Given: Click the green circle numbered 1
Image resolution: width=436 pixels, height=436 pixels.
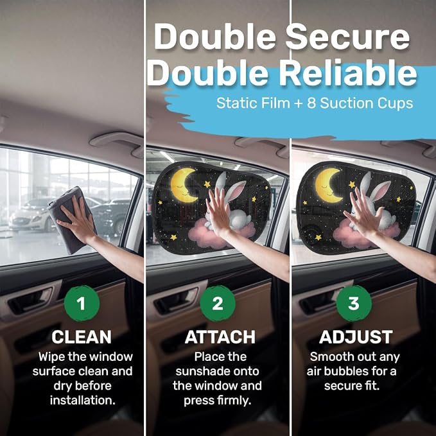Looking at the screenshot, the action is (82, 303).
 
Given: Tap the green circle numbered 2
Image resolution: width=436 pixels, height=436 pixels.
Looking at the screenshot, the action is (218, 303).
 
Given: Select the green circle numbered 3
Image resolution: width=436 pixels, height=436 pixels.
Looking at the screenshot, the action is (354, 303).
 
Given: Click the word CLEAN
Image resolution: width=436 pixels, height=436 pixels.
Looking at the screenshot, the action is (82, 337).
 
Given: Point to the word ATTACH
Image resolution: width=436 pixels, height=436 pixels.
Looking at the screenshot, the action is (220, 337).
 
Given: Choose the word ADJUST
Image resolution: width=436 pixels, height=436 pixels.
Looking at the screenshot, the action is (356, 337).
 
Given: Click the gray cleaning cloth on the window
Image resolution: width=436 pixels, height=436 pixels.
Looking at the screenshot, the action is (71, 220).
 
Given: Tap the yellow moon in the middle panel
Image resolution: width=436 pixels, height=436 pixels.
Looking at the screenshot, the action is (183, 185).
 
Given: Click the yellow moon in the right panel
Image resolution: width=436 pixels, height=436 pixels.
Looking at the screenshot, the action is (328, 185).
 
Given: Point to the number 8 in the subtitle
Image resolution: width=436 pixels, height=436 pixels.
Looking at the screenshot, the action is (311, 103).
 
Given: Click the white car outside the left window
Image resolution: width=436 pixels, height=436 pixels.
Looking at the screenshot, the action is (31, 217).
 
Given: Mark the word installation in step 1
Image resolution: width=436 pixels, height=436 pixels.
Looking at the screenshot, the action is (83, 401).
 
